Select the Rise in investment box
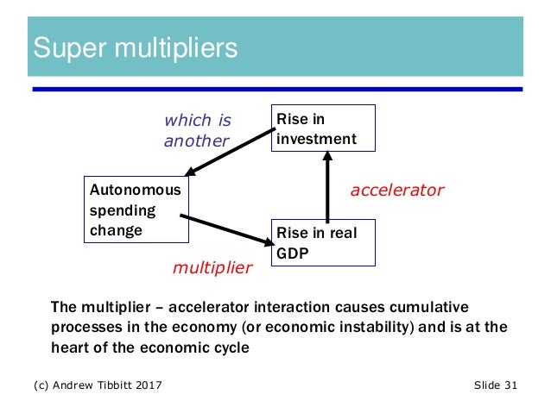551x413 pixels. click(x=323, y=128)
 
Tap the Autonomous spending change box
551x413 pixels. click(x=136, y=210)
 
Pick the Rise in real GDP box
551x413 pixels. click(x=323, y=242)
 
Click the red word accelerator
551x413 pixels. click(x=396, y=190)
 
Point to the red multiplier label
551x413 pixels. click(x=212, y=268)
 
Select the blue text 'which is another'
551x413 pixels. click(x=199, y=129)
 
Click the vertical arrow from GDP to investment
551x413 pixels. click(x=328, y=185)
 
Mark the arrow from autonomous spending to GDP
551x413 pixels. click(x=228, y=230)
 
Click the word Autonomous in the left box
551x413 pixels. click(x=136, y=190)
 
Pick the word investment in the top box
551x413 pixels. click(x=315, y=138)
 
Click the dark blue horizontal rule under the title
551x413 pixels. click(x=276, y=89)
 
